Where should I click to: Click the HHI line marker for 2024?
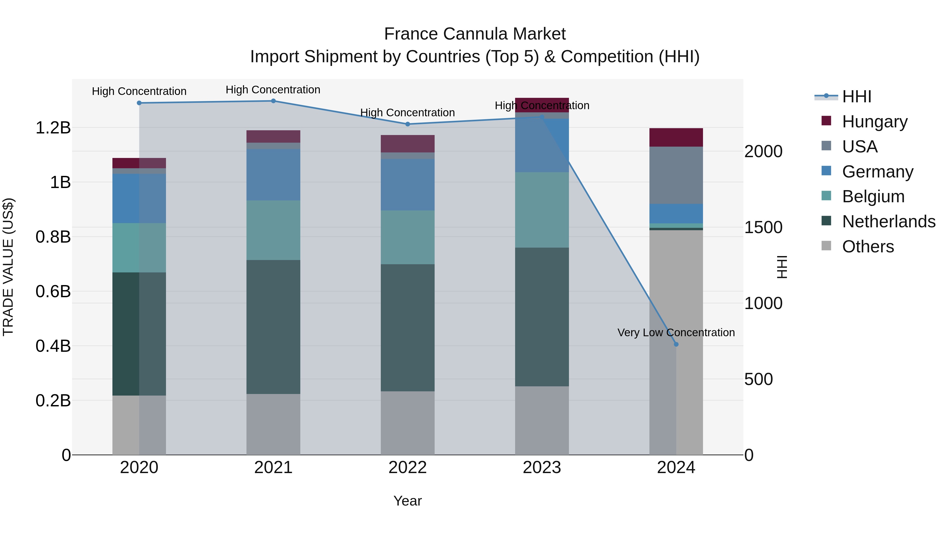coord(676,344)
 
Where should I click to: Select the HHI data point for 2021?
coord(273,101)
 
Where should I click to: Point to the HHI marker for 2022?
coord(407,124)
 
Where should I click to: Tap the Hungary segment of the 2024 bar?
coord(676,137)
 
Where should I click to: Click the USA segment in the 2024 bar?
coord(676,175)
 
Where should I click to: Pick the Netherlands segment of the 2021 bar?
coord(273,327)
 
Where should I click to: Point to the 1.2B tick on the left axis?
coord(53,128)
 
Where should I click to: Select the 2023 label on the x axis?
coord(542,468)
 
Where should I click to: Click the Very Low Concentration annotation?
coord(676,333)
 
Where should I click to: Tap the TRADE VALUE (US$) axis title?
coord(8,267)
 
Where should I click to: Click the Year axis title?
coord(407,501)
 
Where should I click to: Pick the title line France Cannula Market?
coord(475,34)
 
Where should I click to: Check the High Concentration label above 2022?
coord(407,112)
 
